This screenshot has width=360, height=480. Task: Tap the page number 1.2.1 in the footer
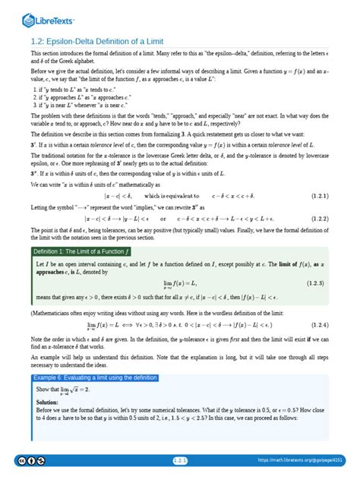click(x=180, y=460)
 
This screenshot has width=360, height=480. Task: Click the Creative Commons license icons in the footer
click(x=23, y=461)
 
